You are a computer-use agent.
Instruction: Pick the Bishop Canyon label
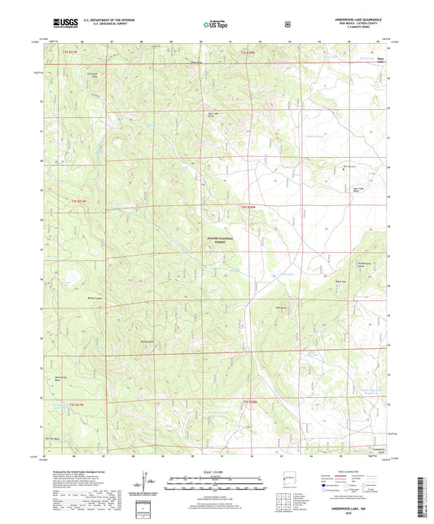94,299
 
